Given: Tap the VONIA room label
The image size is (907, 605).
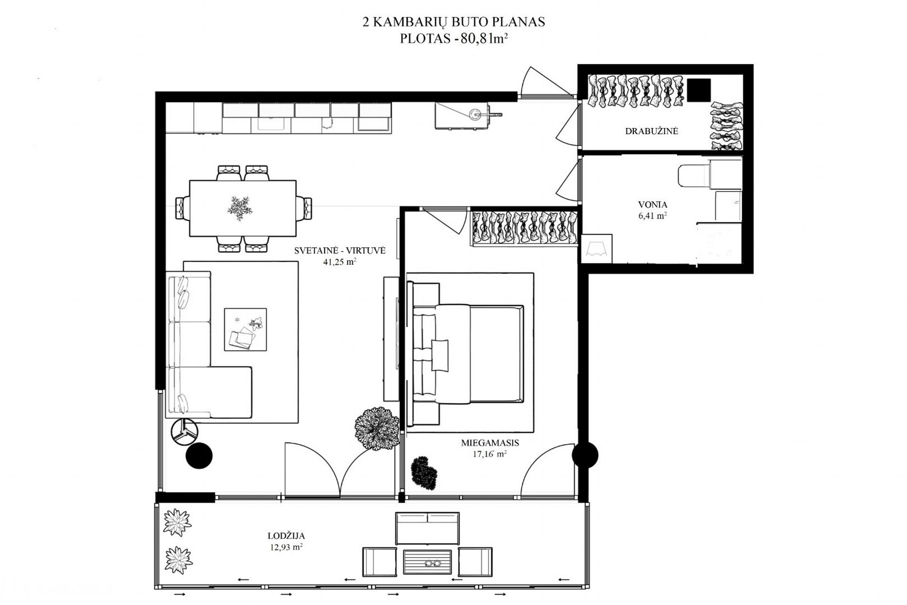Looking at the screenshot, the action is coord(653,204).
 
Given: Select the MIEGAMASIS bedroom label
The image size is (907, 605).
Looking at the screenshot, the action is coord(490,443).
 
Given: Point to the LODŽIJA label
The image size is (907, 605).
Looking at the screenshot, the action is coord(286,536).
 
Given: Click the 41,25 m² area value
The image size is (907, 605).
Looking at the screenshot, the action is coord(340,262).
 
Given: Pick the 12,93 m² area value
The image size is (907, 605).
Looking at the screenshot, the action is coord(286,547).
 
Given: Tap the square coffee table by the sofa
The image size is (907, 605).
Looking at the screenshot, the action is coord(245,329).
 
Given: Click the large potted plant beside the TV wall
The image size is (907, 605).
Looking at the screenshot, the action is coord(377,427).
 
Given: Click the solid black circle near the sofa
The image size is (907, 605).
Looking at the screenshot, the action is coord(199,456).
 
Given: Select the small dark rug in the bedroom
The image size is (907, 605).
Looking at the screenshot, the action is coord(424,473).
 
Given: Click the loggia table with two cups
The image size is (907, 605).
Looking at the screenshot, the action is coord(428,564).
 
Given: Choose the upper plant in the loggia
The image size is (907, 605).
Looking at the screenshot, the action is coord(177,522).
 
